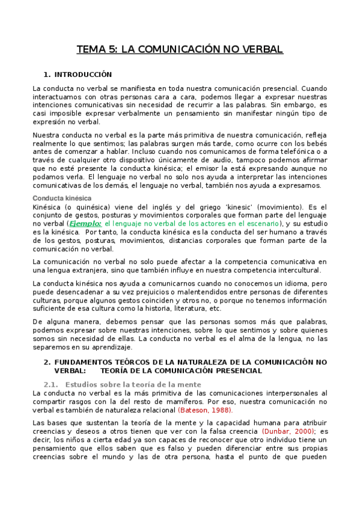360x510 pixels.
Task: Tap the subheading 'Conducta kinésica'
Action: coord(62,198)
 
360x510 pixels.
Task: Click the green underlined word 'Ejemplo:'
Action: coord(85,223)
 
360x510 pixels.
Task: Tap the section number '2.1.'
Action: coord(51,384)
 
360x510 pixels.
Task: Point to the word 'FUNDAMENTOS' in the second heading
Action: coord(83,362)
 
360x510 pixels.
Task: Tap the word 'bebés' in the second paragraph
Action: coord(316,143)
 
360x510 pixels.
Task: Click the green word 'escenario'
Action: coord(260,223)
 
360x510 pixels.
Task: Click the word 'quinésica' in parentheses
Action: coord(91,206)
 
